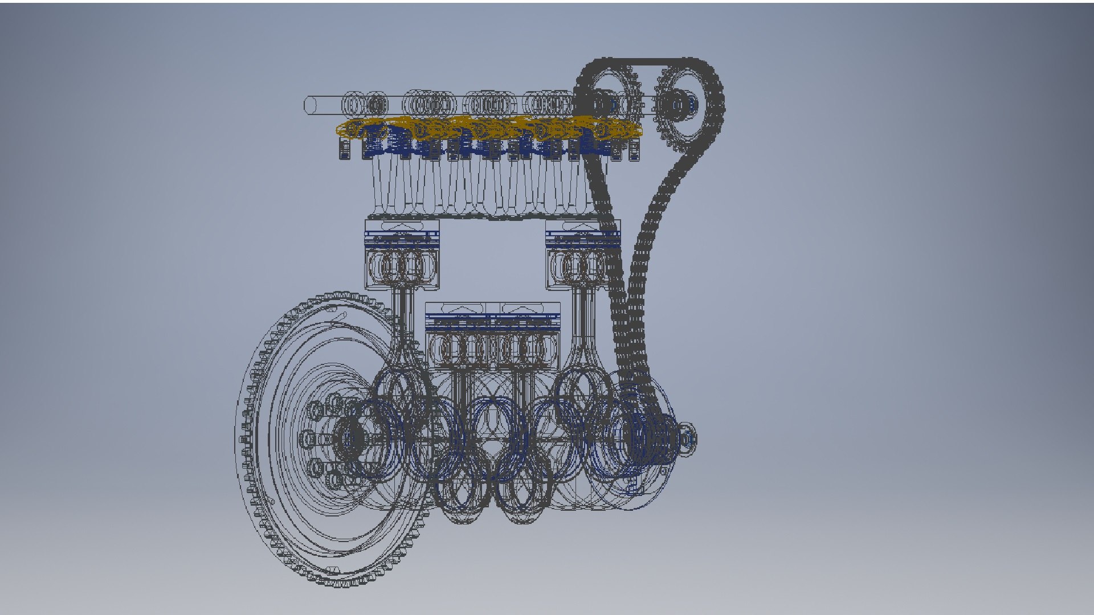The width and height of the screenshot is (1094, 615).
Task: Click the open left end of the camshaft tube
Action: click(311, 105)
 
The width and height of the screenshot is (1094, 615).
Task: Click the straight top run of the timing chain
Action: click(650, 60)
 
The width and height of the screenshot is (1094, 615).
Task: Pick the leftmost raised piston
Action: click(402, 256)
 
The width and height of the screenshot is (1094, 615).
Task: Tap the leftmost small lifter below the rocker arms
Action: click(345, 150)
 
